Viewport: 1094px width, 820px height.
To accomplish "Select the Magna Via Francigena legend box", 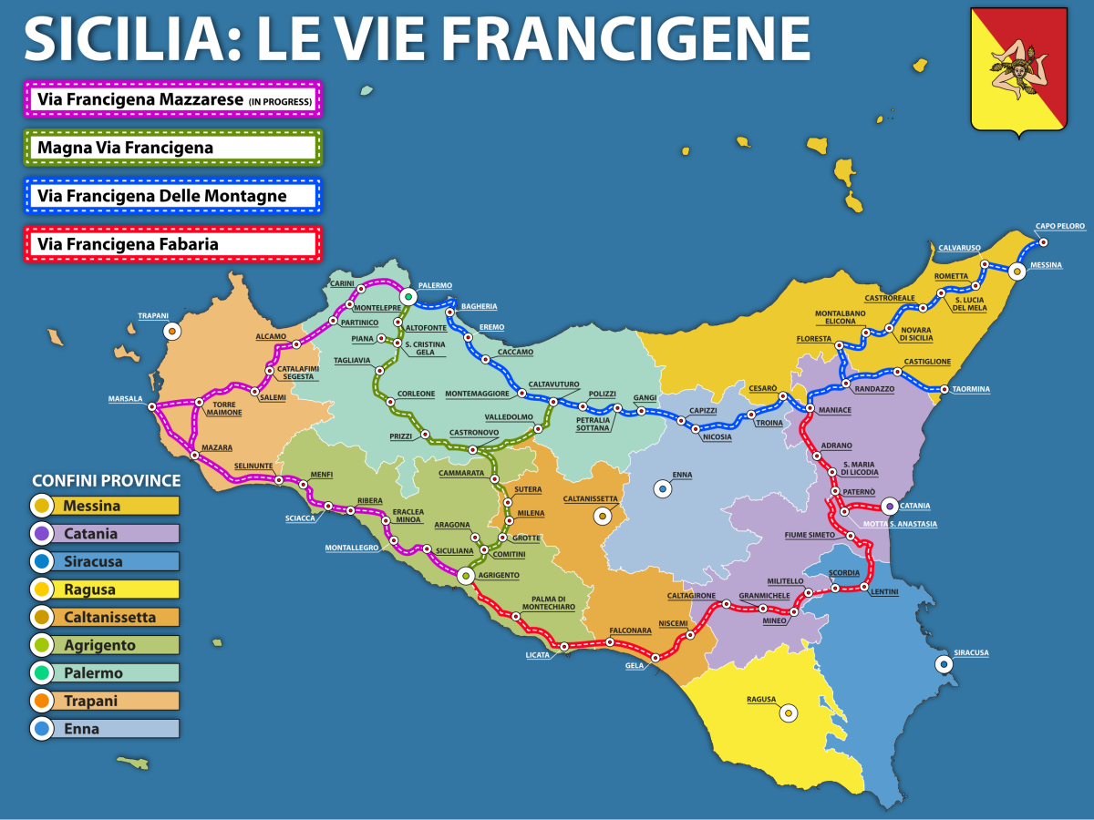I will click(173, 148).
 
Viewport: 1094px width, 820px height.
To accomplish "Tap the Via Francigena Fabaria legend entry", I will click(173, 244).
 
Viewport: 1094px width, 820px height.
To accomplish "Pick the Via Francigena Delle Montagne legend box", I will click(173, 196).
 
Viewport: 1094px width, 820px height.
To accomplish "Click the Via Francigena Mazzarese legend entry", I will click(173, 99).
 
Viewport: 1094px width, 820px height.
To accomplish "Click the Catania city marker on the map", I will click(890, 506).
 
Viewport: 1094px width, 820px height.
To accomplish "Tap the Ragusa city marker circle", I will click(789, 713).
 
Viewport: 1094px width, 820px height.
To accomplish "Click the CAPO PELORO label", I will click(1059, 226).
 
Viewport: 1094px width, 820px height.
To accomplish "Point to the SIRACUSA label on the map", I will click(970, 653).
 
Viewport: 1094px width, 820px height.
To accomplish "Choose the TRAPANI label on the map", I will click(153, 316).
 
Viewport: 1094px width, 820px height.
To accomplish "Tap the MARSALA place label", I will click(126, 398).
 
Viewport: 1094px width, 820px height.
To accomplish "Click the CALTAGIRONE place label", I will click(690, 595).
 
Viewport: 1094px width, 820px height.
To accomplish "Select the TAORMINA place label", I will click(971, 389).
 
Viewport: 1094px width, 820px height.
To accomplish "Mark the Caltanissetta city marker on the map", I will click(602, 517).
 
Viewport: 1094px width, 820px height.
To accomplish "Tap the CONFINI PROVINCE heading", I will click(106, 480).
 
